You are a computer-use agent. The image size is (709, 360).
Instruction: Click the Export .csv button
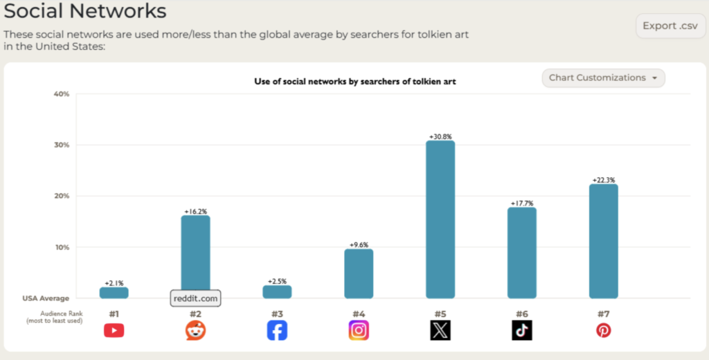[x=670, y=26]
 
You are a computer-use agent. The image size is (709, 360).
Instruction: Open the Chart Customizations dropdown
[x=603, y=78]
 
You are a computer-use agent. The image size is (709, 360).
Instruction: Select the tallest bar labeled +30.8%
[x=440, y=219]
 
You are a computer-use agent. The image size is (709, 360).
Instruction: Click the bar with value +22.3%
[x=604, y=241]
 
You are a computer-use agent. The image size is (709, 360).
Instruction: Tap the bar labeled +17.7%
[x=522, y=253]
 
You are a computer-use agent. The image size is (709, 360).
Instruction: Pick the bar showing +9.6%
[x=359, y=273]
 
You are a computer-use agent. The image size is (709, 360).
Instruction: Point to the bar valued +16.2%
[x=195, y=253]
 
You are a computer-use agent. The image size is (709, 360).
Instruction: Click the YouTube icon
[x=114, y=331]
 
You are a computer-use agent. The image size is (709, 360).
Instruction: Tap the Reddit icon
[x=195, y=331]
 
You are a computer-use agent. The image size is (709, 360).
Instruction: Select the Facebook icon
[x=277, y=331]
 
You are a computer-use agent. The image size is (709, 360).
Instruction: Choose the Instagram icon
[x=359, y=331]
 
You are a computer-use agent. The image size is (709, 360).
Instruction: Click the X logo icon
[x=440, y=331]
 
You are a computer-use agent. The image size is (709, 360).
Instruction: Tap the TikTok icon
[x=522, y=331]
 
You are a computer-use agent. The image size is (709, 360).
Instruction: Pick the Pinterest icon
[x=604, y=331]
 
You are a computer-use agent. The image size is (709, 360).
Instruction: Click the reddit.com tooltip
[x=195, y=298]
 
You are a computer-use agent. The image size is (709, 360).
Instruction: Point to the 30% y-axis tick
[x=62, y=145]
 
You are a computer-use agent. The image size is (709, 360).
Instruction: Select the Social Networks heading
[x=85, y=11]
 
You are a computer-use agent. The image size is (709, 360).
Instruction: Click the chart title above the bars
[x=355, y=82]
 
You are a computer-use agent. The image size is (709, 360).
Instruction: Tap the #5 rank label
[x=440, y=314]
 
